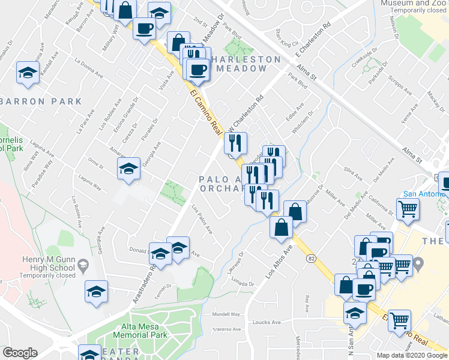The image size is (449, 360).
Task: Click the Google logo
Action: [x=20, y=353]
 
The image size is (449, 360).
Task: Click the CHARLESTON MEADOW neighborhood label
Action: [x=239, y=64]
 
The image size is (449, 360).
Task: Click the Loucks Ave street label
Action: [x=264, y=322]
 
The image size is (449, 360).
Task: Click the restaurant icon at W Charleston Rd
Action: [x=235, y=143]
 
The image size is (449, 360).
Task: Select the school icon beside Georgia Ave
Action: [x=128, y=169]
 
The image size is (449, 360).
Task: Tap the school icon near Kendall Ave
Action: [x=28, y=73]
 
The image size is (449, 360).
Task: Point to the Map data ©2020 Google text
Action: [x=412, y=355]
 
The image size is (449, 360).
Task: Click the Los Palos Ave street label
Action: [x=202, y=219]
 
